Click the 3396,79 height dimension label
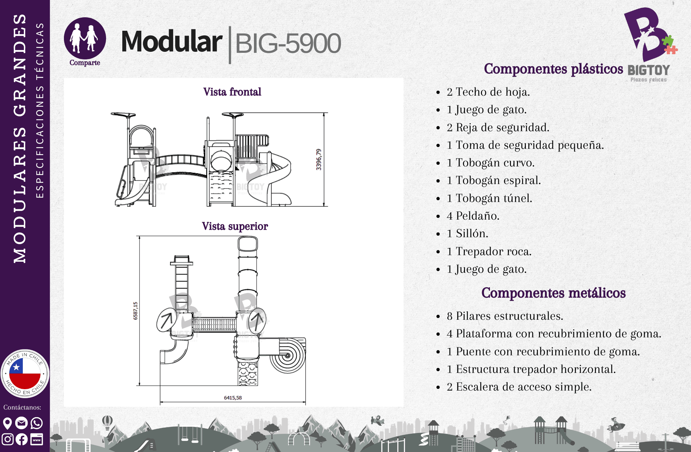tap(319, 160)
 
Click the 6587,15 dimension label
tap(135, 311)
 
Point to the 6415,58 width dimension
tap(233, 398)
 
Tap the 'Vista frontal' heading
tap(232, 92)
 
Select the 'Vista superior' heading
tap(235, 226)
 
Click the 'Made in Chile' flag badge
tap(25, 374)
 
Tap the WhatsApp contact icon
tap(37, 423)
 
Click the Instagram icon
tap(8, 439)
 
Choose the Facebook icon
tap(21, 439)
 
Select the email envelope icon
tap(21, 423)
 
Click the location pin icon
tap(7, 423)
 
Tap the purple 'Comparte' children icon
tap(85, 38)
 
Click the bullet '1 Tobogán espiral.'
tap(494, 180)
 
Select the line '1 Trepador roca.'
tap(489, 251)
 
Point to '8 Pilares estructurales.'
tap(505, 316)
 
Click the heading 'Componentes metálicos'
tap(553, 293)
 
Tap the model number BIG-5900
tap(288, 44)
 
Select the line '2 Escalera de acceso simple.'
tap(519, 387)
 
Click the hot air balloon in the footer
tap(107, 422)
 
